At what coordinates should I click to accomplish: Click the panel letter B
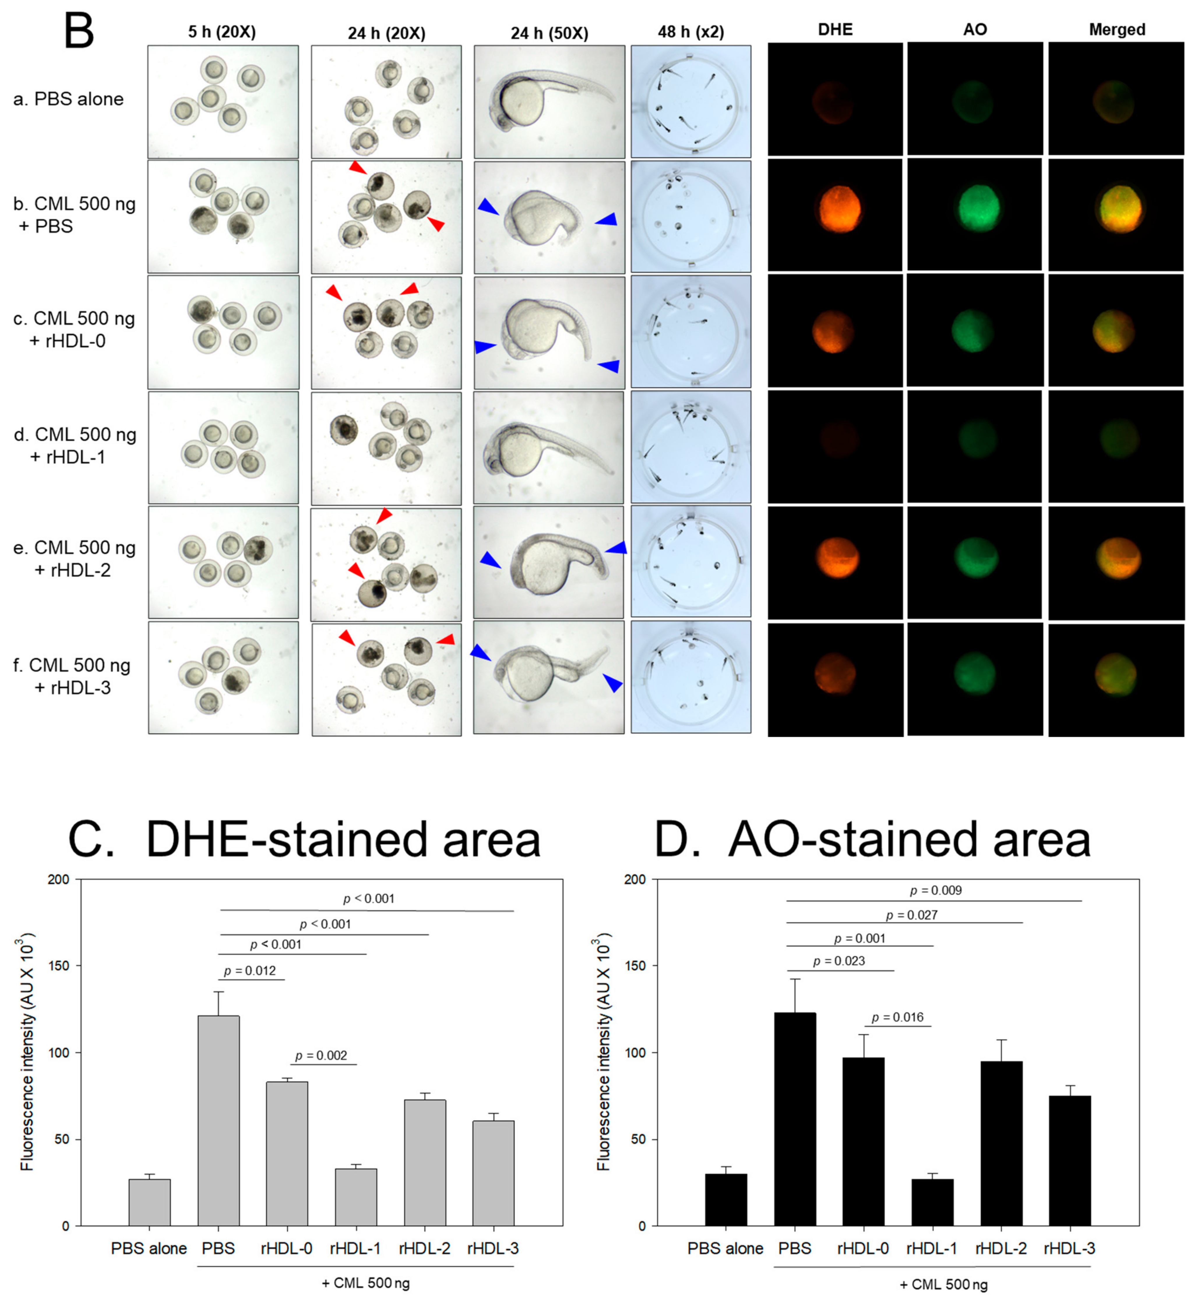click(x=79, y=31)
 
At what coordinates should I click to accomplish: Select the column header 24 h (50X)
click(x=549, y=33)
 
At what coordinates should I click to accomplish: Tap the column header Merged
click(x=1117, y=29)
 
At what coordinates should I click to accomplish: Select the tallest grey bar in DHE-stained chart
click(x=218, y=1121)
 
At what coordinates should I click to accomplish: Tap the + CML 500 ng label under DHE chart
click(x=366, y=1283)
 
